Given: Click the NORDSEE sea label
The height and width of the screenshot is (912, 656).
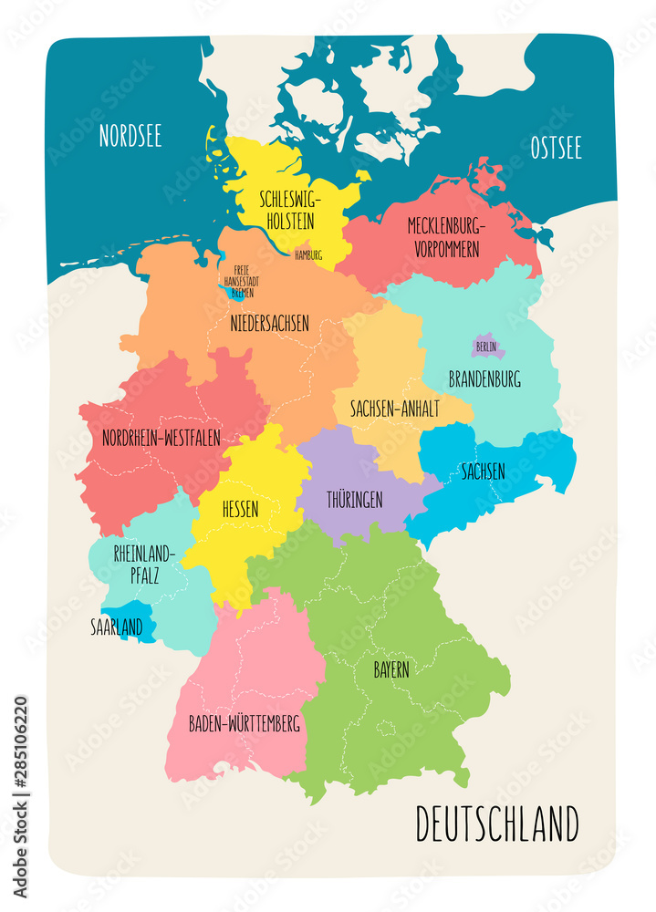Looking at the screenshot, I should click(x=130, y=136).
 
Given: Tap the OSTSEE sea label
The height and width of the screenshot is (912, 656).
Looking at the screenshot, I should click(x=556, y=149).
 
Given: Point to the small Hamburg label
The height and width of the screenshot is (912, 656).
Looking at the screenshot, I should click(x=308, y=255).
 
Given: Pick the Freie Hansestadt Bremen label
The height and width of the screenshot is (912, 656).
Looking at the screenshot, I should click(x=241, y=281).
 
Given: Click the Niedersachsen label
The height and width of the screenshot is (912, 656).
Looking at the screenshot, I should click(x=269, y=323).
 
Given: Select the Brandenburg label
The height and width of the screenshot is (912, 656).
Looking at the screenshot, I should click(x=484, y=378).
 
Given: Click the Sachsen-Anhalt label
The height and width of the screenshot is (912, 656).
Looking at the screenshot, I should click(x=394, y=409).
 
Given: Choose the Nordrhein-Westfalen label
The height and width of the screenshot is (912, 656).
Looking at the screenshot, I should click(x=161, y=438).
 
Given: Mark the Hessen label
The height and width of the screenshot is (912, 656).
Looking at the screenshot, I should click(x=240, y=508).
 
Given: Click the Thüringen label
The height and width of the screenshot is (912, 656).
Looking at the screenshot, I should click(x=355, y=500).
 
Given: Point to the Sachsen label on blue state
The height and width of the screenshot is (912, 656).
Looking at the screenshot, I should click(x=483, y=472).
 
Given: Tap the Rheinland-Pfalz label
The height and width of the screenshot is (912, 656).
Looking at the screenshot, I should click(x=143, y=563).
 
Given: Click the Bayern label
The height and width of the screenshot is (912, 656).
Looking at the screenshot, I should click(x=390, y=668).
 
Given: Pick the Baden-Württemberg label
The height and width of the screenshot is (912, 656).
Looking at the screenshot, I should click(x=244, y=724).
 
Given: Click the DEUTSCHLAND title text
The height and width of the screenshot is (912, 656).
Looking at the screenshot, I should click(x=496, y=824).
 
